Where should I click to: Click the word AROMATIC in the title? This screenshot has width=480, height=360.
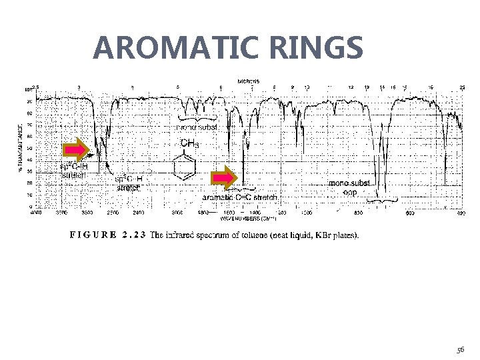173,48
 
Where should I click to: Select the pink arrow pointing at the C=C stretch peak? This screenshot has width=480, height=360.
225,178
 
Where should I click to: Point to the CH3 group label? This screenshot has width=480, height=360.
189,143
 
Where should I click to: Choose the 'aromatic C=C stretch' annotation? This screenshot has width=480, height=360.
240,197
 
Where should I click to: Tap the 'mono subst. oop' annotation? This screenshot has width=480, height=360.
350,187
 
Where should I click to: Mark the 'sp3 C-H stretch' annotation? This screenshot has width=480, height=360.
129,183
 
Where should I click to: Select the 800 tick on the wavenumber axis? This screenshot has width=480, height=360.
359,213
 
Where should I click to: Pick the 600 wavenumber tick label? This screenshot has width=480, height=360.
410,213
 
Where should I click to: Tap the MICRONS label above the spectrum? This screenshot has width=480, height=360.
248,81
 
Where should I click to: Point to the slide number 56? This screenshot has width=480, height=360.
461,349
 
